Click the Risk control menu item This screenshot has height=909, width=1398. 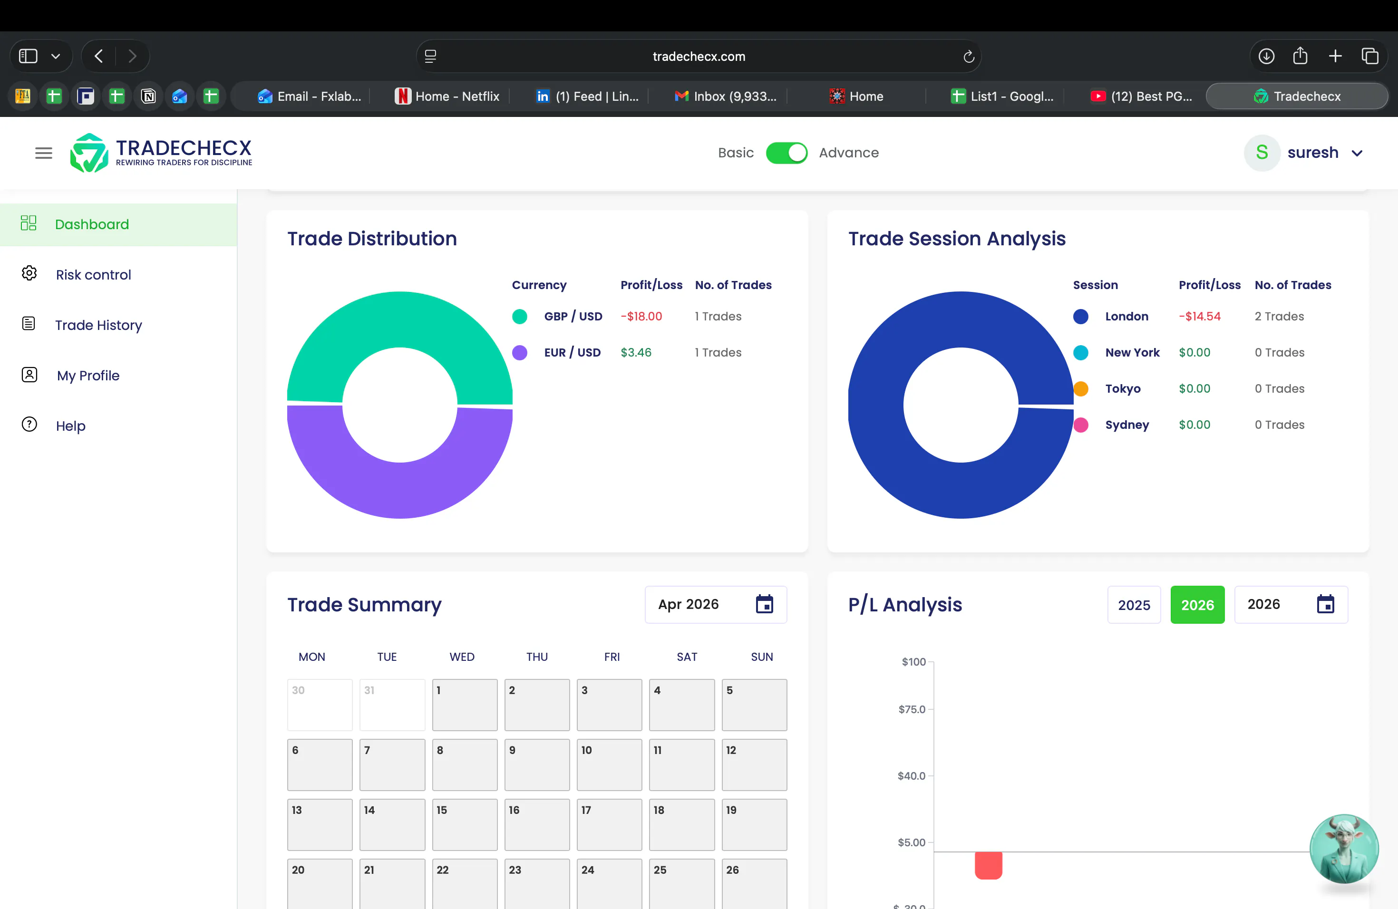coord(93,275)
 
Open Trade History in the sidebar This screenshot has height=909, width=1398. coord(98,325)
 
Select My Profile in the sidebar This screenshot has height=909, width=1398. coord(88,376)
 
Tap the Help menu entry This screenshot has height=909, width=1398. coord(70,425)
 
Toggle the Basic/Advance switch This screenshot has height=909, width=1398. coord(786,153)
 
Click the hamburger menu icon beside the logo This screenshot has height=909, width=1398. coord(43,153)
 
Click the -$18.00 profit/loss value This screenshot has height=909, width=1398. coord(641,317)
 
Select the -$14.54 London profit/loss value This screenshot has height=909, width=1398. coord(1199,317)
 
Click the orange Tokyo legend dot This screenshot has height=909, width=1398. coord(1081,389)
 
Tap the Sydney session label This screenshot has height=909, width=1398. coord(1126,425)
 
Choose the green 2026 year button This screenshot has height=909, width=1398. coord(1197,605)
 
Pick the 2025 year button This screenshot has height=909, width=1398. coord(1134,605)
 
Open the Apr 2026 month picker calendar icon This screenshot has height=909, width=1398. coord(764,604)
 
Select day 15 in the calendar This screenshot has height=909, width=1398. coord(465,824)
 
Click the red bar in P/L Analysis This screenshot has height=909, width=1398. coord(989,866)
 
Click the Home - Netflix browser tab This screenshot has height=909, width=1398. coord(447,97)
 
